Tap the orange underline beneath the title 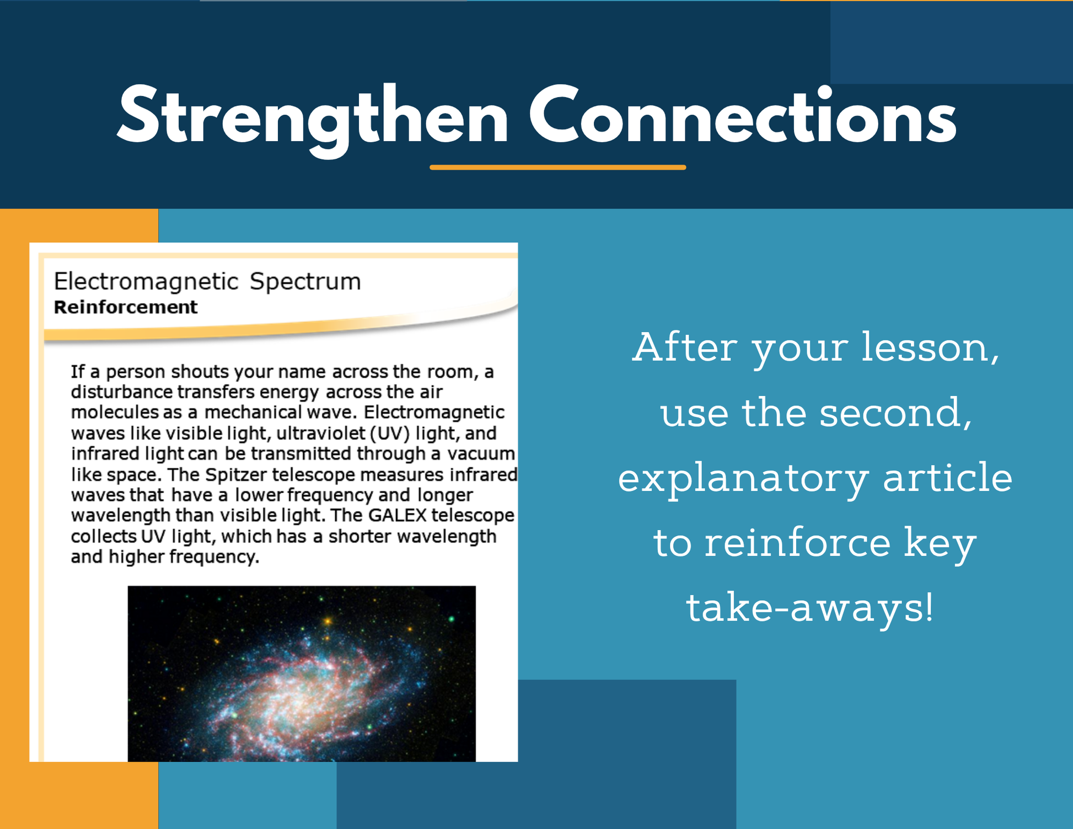pos(557,167)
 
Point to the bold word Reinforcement pos(125,307)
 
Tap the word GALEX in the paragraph pos(397,515)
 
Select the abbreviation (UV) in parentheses pos(390,434)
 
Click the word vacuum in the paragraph pos(481,454)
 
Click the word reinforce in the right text pos(797,542)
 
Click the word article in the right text pos(947,477)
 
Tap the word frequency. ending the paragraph pos(214,558)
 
